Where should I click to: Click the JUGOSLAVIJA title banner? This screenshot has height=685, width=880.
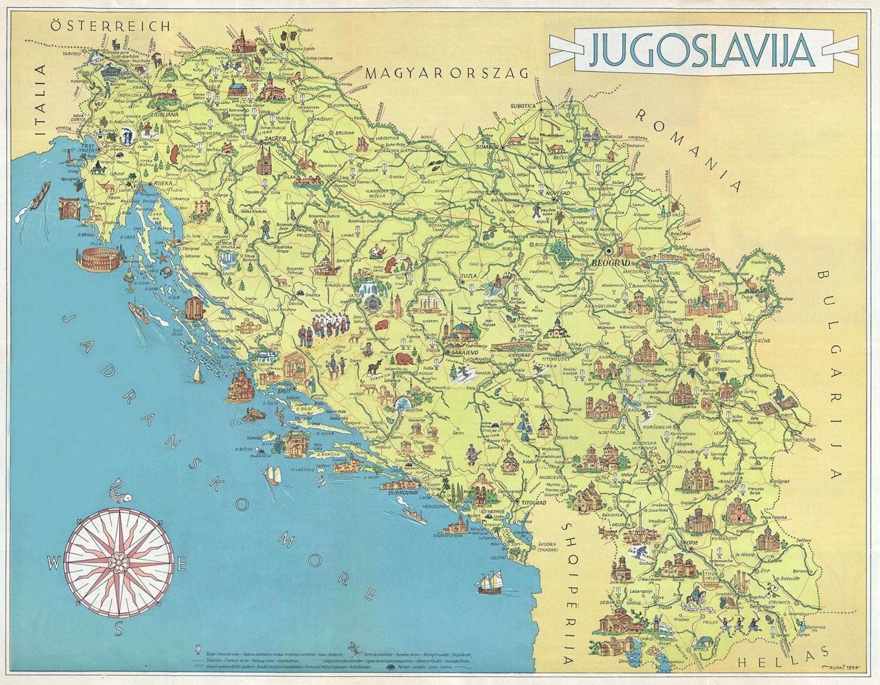701,50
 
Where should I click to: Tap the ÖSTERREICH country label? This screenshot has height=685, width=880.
110,26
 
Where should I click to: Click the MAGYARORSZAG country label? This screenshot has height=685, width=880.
448,73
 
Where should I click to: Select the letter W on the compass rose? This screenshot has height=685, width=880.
53,564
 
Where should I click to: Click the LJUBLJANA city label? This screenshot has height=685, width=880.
165,115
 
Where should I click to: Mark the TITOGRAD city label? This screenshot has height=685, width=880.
530,503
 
